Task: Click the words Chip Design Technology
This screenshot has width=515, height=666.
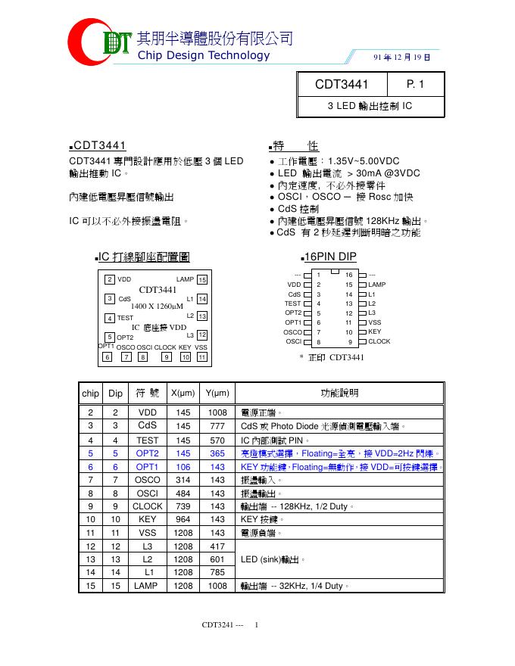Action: [x=203, y=55]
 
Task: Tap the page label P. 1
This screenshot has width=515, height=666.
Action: [x=415, y=85]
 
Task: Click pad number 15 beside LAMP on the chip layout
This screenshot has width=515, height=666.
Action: [x=202, y=280]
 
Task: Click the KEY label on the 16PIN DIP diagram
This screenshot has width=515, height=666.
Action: [x=375, y=331]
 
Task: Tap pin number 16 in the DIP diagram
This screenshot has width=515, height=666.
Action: [x=349, y=275]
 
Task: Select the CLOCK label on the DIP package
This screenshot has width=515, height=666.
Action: [x=379, y=341]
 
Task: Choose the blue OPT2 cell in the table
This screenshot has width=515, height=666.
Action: [x=147, y=453]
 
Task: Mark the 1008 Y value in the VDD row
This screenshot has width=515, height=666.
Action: [x=217, y=412]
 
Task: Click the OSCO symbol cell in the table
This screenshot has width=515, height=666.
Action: [x=147, y=480]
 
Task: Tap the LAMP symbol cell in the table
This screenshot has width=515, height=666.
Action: [x=147, y=586]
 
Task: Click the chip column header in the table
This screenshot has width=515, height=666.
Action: [x=90, y=393]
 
